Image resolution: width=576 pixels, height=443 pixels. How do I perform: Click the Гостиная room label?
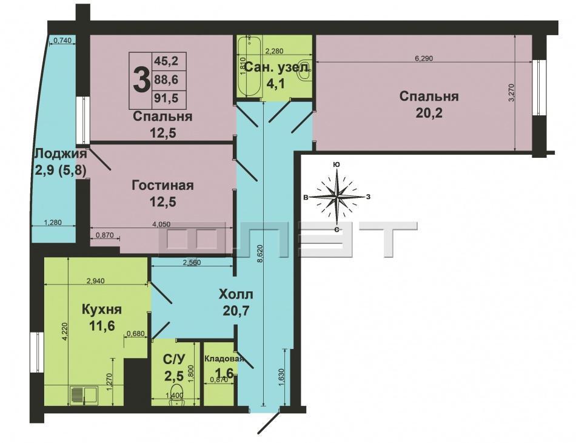(x=162, y=185)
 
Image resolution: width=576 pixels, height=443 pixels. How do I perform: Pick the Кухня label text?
(x=101, y=309)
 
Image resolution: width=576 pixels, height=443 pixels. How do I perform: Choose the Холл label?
(x=236, y=294)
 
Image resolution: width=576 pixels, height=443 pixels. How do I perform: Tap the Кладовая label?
(x=224, y=359)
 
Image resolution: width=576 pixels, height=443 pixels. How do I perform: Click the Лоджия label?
(x=61, y=154)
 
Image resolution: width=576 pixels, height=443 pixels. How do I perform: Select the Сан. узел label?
(x=277, y=67)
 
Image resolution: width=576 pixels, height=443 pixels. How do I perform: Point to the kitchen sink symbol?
(x=83, y=395)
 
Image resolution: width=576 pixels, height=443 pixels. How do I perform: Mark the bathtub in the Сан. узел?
(x=246, y=66)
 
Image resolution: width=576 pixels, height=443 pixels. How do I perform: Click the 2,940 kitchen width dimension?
(x=95, y=281)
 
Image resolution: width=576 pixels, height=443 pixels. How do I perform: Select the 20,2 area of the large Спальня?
(x=429, y=113)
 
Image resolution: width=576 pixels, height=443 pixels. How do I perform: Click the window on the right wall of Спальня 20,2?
(x=538, y=87)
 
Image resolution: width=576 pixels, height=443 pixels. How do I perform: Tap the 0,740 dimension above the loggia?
(x=62, y=41)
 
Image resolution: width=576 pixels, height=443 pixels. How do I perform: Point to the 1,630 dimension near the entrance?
(x=281, y=377)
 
